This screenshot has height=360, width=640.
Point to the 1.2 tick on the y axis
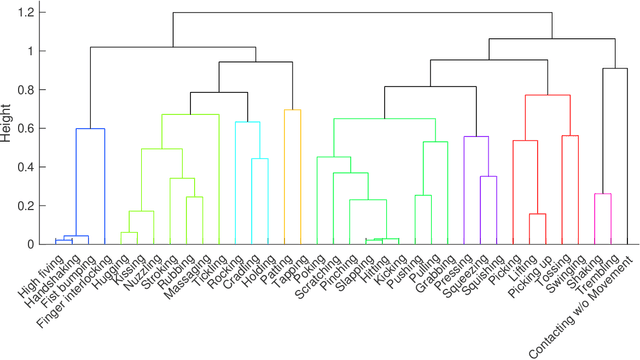(x=33, y=12)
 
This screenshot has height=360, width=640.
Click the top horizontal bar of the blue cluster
(x=91, y=129)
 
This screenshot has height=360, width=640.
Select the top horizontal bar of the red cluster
(x=548, y=95)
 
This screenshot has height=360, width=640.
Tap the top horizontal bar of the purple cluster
(x=476, y=137)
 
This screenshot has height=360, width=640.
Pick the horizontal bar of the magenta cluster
(x=603, y=194)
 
